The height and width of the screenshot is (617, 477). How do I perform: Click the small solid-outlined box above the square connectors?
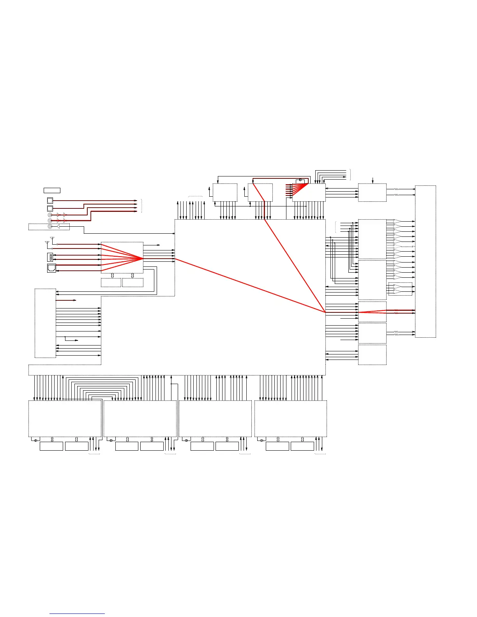click(52, 190)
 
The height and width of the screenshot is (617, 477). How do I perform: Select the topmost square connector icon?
click(50, 201)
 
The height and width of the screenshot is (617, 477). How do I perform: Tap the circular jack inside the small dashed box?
click(50, 226)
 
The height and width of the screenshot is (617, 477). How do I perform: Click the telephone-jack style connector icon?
click(51, 268)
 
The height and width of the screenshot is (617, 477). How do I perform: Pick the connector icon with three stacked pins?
click(50, 257)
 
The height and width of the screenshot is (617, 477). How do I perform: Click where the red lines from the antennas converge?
click(143, 258)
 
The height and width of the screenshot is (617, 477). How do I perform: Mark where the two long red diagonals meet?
click(325, 312)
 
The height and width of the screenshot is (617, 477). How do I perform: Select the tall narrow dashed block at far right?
click(425, 261)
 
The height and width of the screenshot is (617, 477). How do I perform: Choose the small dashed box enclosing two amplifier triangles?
click(400, 289)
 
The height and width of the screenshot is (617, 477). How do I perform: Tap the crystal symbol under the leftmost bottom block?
click(36, 441)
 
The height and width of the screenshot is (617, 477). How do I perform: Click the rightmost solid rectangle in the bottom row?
click(302, 446)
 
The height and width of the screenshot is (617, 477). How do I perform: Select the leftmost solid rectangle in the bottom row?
click(51, 446)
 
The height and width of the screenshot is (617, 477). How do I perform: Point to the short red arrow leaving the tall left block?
click(66, 300)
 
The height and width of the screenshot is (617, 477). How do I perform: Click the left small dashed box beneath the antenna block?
click(111, 283)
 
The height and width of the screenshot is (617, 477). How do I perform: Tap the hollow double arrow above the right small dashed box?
click(132, 276)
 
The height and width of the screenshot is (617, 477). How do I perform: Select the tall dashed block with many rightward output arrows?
click(45, 323)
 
